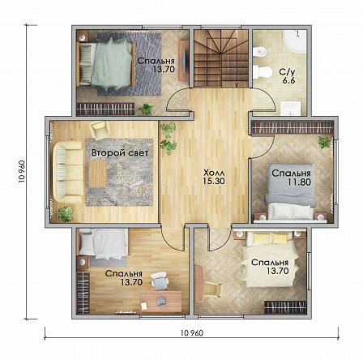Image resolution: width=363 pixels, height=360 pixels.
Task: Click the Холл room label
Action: point(214,173)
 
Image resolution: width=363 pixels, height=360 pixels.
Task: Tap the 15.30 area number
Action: point(214,181)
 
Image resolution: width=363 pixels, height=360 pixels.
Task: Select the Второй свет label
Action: point(120,153)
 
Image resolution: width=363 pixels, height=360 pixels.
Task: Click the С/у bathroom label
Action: point(288,72)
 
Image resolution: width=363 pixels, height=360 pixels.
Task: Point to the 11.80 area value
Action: point(299,182)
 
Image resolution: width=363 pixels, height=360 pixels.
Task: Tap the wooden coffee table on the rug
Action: point(98,174)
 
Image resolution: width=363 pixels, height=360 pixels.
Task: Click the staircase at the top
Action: point(221,58)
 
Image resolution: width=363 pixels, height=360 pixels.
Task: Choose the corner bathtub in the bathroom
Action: point(295,43)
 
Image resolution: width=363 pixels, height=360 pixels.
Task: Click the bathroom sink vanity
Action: point(291,109)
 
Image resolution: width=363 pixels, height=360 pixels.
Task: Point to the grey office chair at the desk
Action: point(160,280)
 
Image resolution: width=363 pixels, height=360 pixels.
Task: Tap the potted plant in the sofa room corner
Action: point(66,214)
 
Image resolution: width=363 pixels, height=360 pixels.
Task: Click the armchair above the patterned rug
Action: point(100,128)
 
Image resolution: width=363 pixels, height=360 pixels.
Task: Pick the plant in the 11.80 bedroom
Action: point(324,143)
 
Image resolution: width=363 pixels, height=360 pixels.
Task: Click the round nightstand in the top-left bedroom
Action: point(83,36)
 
